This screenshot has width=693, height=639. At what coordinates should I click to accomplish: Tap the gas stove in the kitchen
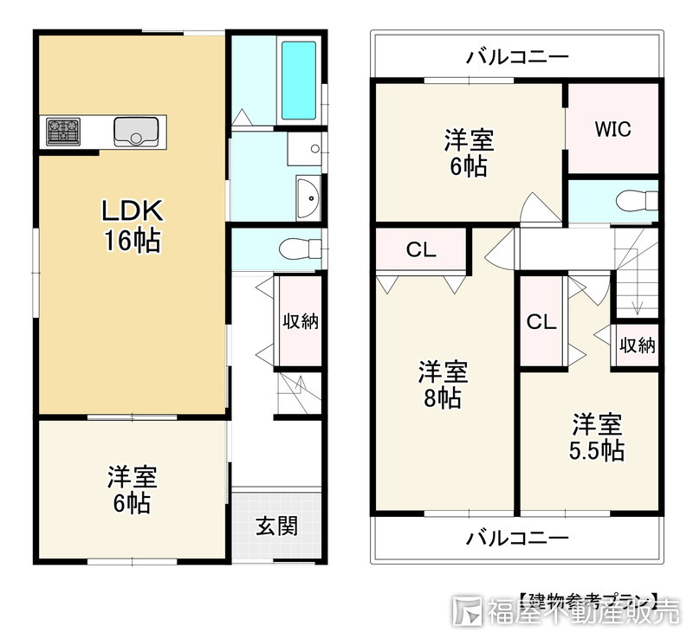pyautogui.click(x=63, y=132)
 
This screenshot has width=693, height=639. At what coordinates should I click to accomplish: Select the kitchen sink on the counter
pyautogui.click(x=135, y=132)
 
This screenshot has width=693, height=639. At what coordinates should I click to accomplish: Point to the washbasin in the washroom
pyautogui.click(x=308, y=197)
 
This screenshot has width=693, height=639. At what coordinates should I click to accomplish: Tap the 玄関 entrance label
pyautogui.click(x=277, y=526)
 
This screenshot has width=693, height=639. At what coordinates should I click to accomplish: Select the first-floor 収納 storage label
pyautogui.click(x=301, y=322)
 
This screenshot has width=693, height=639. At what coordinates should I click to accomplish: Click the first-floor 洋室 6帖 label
pyautogui.click(x=132, y=489)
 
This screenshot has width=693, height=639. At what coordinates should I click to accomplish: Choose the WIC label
pyautogui.click(x=612, y=129)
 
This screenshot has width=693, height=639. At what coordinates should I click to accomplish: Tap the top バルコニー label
pyautogui.click(x=517, y=57)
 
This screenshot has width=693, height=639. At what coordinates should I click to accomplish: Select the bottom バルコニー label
pyautogui.click(x=517, y=538)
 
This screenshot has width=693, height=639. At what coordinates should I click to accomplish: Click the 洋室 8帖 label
pyautogui.click(x=443, y=385)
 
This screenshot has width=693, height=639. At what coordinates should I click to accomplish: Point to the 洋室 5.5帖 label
pyautogui.click(x=596, y=437)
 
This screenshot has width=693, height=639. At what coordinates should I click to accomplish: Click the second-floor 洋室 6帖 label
pyautogui.click(x=469, y=152)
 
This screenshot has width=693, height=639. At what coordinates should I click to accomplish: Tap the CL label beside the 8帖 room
pyautogui.click(x=421, y=251)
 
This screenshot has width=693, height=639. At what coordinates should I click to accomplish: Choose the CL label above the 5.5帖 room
pyautogui.click(x=541, y=322)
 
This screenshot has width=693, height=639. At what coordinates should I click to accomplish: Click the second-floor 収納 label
pyautogui.click(x=637, y=345)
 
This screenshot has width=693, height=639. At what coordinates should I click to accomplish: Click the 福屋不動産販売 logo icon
pyautogui.click(x=469, y=610)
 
